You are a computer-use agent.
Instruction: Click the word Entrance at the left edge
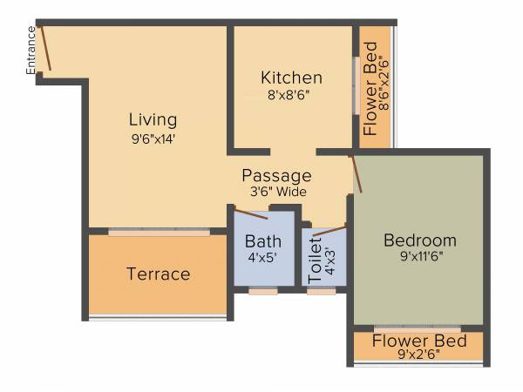coord(32,51)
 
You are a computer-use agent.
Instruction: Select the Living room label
coord(153,119)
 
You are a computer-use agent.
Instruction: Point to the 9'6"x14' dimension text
coord(153,138)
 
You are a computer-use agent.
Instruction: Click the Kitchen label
coord(291,78)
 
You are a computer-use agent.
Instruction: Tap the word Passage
coord(276,175)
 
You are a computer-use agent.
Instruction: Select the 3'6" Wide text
coord(276,192)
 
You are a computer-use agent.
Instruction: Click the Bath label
coord(262,241)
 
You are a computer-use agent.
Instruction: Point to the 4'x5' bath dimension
coord(262,258)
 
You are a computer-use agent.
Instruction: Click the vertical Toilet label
coord(315,258)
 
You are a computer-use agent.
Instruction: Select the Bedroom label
coord(420,240)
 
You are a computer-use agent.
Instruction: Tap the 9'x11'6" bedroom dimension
coord(420,258)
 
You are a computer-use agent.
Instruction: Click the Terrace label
coord(158,274)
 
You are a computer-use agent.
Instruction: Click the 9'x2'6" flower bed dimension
coord(419,354)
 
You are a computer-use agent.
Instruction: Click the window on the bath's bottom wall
coord(262,291)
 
